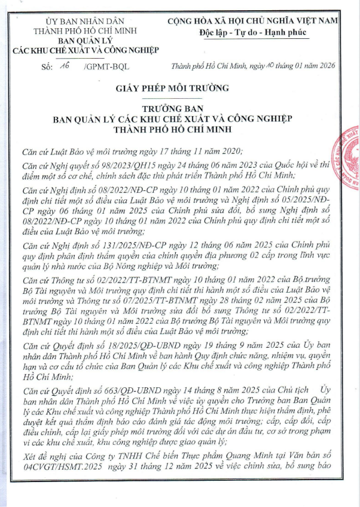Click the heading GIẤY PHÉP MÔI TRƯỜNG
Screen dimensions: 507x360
pyautogui.click(x=173, y=89)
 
